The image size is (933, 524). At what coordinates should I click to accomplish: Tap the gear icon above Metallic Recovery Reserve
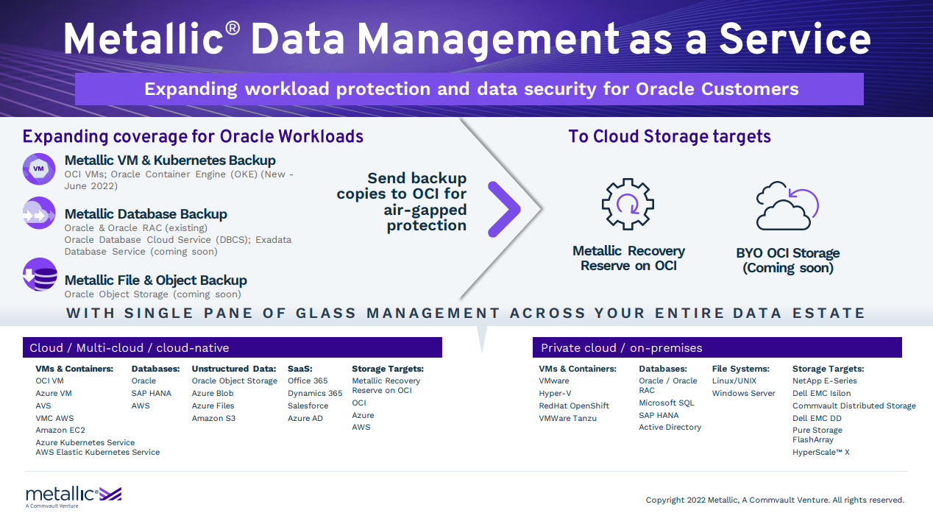click(628, 203)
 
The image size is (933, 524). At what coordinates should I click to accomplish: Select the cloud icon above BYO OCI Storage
click(787, 206)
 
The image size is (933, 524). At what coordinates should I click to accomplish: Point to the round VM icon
click(39, 169)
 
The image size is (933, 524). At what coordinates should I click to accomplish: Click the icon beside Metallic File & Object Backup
click(39, 275)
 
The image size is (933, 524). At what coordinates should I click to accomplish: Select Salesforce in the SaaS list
click(308, 406)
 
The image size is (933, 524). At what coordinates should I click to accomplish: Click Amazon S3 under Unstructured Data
click(213, 418)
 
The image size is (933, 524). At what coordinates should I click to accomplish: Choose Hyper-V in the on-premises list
click(555, 393)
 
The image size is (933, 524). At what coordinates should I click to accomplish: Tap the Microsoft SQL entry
click(666, 403)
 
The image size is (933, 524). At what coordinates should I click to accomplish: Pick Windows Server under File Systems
click(743, 393)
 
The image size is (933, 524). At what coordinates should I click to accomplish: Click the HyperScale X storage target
click(820, 452)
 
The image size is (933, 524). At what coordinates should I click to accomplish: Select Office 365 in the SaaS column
click(308, 380)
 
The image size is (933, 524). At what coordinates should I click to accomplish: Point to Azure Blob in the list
click(213, 393)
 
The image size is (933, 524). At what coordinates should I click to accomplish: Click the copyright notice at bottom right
click(775, 500)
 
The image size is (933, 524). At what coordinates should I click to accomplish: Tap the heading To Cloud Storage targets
click(669, 136)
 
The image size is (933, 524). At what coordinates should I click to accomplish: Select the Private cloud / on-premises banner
click(717, 347)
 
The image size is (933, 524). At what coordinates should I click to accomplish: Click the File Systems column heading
click(740, 369)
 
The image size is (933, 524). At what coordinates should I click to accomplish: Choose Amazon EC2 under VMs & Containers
click(60, 430)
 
